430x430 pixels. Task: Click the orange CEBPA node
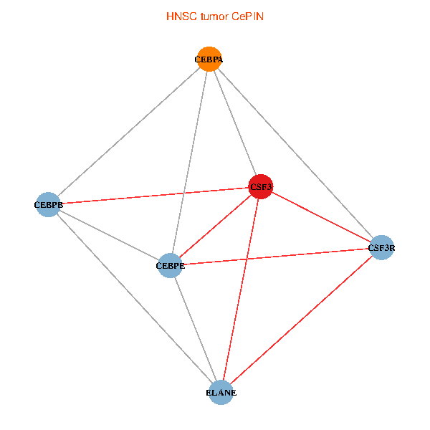point(209,59)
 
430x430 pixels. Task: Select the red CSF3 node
point(260,187)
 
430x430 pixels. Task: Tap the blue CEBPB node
point(48,204)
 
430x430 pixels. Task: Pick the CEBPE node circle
point(170,266)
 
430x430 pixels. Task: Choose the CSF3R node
point(381,248)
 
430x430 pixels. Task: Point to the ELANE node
point(221,393)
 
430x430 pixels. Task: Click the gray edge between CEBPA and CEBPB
point(128,132)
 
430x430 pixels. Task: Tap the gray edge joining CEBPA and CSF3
point(234,123)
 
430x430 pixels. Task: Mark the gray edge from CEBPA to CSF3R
point(295,153)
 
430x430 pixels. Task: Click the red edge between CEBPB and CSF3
point(154,196)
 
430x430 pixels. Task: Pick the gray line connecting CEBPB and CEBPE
point(109,235)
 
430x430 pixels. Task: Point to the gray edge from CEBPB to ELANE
point(134,298)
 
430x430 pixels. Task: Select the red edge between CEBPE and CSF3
point(215,226)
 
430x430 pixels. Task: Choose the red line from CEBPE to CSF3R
point(275,257)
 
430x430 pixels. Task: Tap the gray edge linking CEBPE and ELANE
point(195,329)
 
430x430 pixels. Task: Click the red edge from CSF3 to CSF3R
point(320,217)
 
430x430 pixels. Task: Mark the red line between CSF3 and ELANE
point(240,290)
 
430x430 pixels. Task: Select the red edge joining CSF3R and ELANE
point(301,320)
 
